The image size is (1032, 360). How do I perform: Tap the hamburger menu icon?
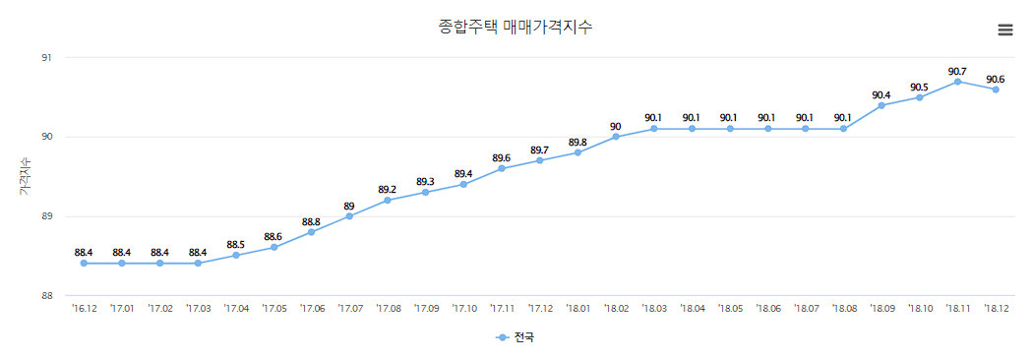point(1004,30)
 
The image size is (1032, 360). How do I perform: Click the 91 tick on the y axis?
point(46,57)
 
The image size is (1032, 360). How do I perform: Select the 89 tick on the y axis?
point(46,216)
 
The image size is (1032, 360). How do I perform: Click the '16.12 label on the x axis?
point(84,309)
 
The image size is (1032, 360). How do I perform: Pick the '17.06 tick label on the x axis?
point(312,309)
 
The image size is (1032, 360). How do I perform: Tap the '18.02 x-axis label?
point(616,309)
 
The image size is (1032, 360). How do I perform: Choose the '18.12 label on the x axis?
point(996,309)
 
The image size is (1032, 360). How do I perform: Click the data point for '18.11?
point(957,82)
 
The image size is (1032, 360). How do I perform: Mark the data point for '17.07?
point(349,216)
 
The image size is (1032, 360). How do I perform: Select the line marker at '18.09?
point(881,105)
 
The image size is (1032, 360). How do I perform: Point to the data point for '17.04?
point(236,256)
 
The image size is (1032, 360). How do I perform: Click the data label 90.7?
point(957,71)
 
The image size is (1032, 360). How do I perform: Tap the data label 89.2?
point(388,190)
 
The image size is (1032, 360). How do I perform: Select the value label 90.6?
point(996,79)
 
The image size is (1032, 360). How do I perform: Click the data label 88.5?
point(236,245)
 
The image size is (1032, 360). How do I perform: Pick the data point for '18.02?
point(616,137)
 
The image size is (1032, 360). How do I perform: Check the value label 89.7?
point(539,150)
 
